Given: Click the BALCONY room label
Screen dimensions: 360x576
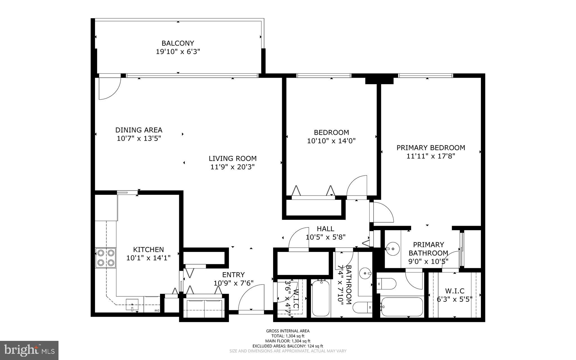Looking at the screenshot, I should coord(178,43).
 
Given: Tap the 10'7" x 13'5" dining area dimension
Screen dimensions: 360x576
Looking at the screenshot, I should coord(139,138).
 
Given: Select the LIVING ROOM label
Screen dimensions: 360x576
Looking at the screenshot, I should coord(233,158).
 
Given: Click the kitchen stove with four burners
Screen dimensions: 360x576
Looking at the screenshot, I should coord(106,258).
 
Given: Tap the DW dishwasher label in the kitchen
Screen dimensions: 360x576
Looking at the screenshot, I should coord(156,310).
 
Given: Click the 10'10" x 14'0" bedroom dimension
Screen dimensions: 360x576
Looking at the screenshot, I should coord(331,141).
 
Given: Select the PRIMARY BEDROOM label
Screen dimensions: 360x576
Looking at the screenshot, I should coord(431,148).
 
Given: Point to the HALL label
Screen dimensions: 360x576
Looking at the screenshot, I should coord(325,229).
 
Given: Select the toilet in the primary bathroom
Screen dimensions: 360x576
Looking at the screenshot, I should coord(387,284).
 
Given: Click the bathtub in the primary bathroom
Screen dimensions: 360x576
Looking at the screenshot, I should coord(402,307).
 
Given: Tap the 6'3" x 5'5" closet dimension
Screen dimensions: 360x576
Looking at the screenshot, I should coord(454,299).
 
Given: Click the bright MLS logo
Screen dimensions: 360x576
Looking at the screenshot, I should coord(29,350).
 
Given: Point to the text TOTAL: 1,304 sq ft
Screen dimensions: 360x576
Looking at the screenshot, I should coord(288,336).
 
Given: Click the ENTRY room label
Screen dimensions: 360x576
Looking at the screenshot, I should coord(233,275).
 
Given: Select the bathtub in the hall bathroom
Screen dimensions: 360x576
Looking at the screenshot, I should coord(321,298).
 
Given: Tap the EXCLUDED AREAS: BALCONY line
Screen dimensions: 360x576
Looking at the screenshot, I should coord(288,346).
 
